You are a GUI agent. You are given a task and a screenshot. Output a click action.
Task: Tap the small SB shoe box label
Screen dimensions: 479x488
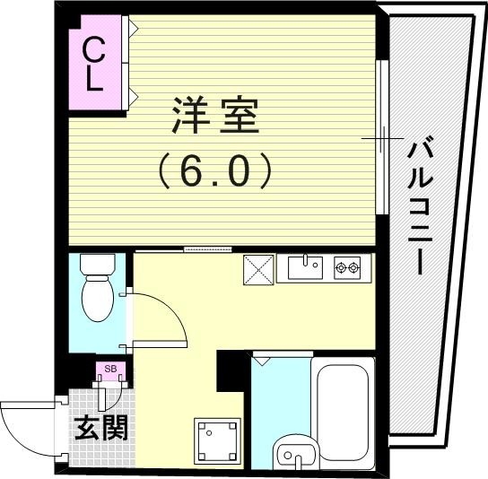[109, 369]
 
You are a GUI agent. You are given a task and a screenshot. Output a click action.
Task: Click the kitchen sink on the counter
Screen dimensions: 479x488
[305, 266]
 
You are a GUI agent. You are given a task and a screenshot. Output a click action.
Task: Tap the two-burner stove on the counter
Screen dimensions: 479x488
[347, 266]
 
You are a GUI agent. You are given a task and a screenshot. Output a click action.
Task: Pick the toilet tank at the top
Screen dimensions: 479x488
[95, 266]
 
